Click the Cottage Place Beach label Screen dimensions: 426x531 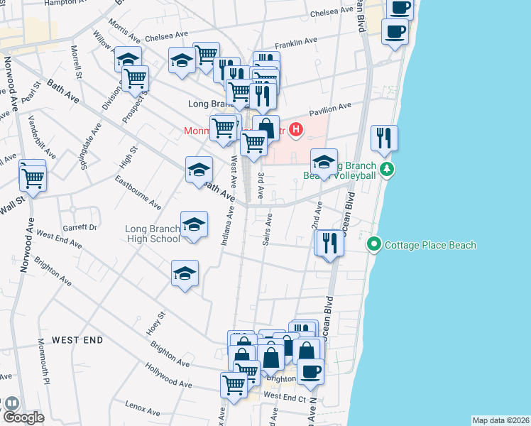click(429, 246)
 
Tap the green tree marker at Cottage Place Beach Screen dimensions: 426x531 click(374, 245)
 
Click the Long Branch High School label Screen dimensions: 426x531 click(153, 234)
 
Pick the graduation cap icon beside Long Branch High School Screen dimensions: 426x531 click(193, 225)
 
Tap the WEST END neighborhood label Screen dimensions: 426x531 click(77, 341)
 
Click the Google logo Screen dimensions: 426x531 click(23, 417)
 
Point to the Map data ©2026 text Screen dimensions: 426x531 click(500, 420)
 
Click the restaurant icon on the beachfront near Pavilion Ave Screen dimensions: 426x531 click(384, 138)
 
